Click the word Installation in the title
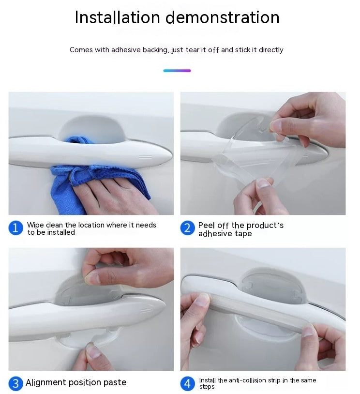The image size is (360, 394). point(117,17)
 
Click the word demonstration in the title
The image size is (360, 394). point(223,17)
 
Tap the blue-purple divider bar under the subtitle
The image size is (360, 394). point(177,71)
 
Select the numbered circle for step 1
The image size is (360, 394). point(15,228)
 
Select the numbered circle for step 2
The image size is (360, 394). point(187,228)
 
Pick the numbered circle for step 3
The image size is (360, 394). point(15,384)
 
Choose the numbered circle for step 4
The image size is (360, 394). point(187,384)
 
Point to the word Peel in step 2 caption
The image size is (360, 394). point(207,226)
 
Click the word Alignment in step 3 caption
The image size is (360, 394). point(46,383)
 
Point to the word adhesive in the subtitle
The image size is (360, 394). point(126,50)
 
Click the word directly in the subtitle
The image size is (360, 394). point(271,50)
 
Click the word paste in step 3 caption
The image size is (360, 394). point(115,383)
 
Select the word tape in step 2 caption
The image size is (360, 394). point(243,234)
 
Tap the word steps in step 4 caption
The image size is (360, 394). point(207,387)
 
